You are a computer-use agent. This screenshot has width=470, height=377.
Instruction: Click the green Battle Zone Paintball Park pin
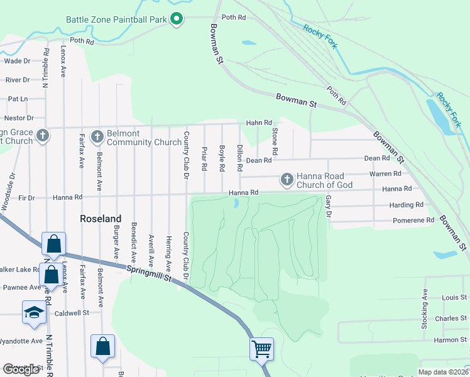pyautogui.click(x=177, y=19)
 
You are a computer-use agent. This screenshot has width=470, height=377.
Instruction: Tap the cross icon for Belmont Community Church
pyautogui.click(x=97, y=136)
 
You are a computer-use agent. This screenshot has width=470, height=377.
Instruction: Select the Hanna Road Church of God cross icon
pyautogui.click(x=287, y=180)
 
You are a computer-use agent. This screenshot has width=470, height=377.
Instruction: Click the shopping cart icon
pyautogui.click(x=261, y=348)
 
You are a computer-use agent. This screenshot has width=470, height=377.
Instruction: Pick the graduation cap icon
pyautogui.click(x=33, y=312)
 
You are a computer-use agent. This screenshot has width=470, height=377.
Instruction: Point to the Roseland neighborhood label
pyautogui.click(x=101, y=219)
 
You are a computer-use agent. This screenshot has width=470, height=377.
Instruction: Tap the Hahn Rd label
pyautogui.click(x=259, y=123)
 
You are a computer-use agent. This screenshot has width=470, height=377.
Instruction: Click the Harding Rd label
pyautogui.click(x=406, y=205)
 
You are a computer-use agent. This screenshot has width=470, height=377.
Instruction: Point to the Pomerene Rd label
pyautogui.click(x=413, y=221)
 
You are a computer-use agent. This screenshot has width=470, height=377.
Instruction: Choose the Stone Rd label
pyautogui.click(x=275, y=142)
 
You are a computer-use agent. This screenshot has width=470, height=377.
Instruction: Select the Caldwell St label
pyautogui.click(x=73, y=312)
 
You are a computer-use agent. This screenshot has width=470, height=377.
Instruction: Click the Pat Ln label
pyautogui.click(x=18, y=99)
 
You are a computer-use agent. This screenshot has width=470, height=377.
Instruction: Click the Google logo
pyautogui.click(x=21, y=369)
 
